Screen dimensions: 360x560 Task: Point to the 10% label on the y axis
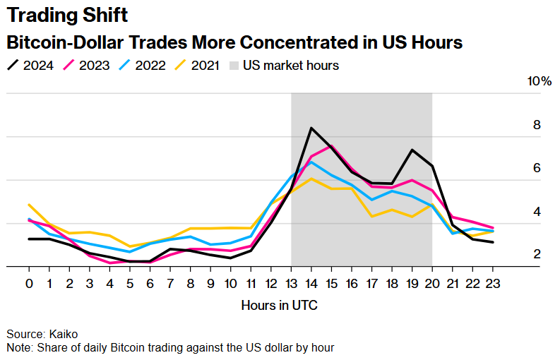click(540, 81)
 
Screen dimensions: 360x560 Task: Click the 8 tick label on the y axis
click(537, 125)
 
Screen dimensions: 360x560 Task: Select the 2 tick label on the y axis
click(537, 254)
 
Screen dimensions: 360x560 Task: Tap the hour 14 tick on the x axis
click(311, 283)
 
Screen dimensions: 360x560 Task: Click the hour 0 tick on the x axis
click(29, 283)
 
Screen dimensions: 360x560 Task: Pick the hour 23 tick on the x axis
click(492, 283)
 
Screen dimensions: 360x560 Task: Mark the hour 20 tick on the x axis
click(432, 283)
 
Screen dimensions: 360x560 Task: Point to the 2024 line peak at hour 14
click(311, 128)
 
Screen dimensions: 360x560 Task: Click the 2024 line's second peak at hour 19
click(412, 150)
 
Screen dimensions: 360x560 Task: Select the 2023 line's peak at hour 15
click(332, 146)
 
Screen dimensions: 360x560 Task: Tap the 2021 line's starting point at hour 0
click(29, 205)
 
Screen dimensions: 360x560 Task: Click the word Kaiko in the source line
click(63, 334)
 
